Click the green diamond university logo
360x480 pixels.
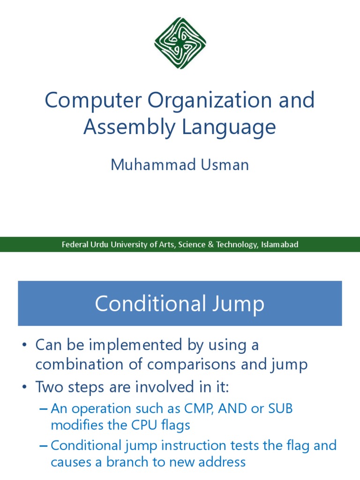[x=180, y=43]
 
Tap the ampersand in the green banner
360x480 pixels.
[x=210, y=245]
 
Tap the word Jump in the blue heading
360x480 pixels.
[x=239, y=304]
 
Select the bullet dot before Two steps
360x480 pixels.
[x=24, y=387]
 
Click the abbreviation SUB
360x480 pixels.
[x=280, y=408]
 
